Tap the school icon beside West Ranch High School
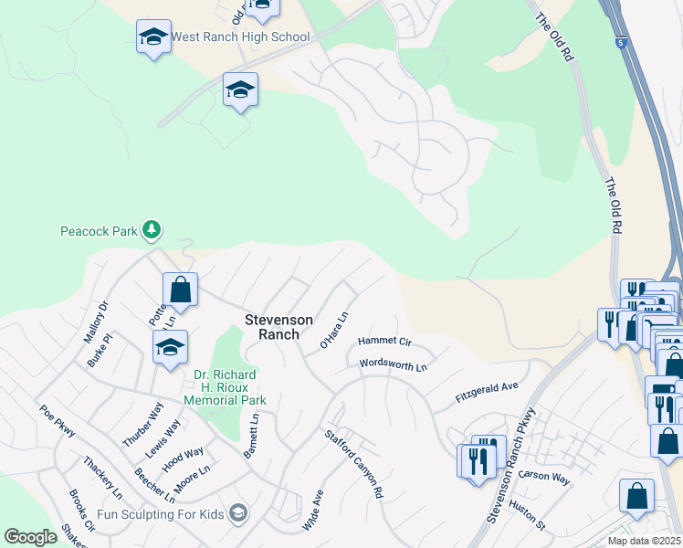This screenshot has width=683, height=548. pos(153,37)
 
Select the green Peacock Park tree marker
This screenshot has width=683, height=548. pos(152,229)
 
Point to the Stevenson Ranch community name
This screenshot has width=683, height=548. pos(278,327)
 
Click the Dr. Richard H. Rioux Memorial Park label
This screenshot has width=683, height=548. pos(225,387)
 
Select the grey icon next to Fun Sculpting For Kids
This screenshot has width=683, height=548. pos(239,513)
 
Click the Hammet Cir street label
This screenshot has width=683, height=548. pos(385,341)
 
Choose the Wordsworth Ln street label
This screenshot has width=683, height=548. pos(394,364)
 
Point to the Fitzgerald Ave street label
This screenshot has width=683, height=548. pos(487,394)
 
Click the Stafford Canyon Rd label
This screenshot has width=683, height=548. pos(353,463)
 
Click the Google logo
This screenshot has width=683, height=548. pos(30,537)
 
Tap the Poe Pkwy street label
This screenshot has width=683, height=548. pos(57,423)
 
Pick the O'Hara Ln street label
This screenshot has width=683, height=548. pos(334,332)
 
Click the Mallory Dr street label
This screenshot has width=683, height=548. pos(96,321)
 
